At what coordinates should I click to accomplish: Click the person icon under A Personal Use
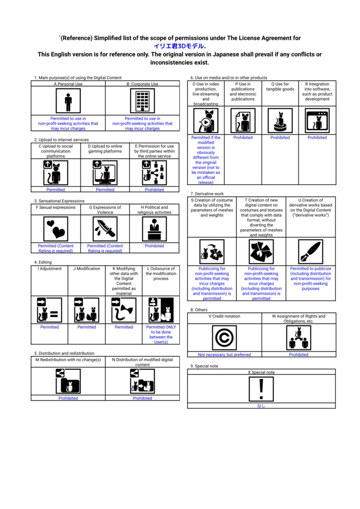click(x=68, y=101)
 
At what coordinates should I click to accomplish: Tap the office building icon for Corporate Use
click(x=142, y=101)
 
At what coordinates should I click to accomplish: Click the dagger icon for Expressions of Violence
click(x=105, y=229)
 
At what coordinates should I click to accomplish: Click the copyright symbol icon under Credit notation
click(x=224, y=338)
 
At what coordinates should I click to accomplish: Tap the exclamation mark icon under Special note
click(x=261, y=388)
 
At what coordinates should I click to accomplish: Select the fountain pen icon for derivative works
click(x=310, y=252)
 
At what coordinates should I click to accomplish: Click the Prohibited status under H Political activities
click(x=154, y=246)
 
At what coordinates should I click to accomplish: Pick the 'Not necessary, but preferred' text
click(x=224, y=354)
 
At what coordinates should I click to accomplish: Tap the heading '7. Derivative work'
click(x=207, y=193)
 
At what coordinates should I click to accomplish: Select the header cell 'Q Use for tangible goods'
click(x=280, y=87)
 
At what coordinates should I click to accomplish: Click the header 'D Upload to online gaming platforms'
click(x=105, y=149)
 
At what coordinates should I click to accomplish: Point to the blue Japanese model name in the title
click(x=179, y=46)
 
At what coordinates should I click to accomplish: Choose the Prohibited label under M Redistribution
click(x=68, y=398)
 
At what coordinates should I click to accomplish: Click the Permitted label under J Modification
click(x=86, y=327)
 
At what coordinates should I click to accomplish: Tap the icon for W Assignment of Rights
click(x=298, y=338)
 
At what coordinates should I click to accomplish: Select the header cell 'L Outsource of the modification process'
click(x=161, y=273)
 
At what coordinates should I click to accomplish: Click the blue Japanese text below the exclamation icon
click(x=261, y=406)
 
